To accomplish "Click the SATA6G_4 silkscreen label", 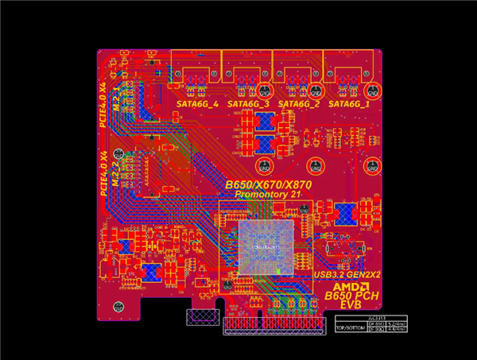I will tap(197, 104).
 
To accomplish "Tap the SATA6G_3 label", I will tap(248, 104).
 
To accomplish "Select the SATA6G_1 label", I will tap(350, 104).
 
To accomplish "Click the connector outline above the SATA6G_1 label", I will tap(350, 68).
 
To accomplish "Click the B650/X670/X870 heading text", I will tap(268, 185).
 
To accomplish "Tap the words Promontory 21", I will tap(268, 195).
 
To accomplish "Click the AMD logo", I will tap(351, 286).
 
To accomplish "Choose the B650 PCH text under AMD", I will tap(351, 296).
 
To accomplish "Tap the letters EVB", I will tap(351, 306).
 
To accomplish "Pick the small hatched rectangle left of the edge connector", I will tap(200, 318).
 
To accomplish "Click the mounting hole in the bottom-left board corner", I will tap(109, 308).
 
